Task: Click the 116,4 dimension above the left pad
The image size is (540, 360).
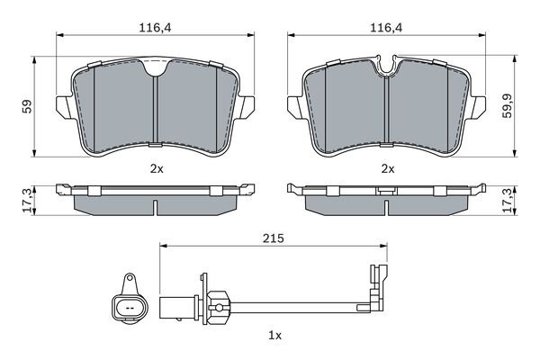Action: (155, 28)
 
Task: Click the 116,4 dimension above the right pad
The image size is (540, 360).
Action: (386, 28)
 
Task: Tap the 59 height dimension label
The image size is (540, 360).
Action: (27, 106)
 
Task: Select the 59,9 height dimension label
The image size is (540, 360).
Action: (508, 106)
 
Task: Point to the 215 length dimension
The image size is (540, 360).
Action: (274, 238)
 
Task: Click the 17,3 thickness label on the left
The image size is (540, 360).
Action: (27, 200)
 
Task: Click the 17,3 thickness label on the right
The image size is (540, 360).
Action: (508, 200)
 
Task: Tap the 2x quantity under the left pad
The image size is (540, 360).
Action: (157, 169)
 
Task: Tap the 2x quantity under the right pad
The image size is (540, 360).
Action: (388, 169)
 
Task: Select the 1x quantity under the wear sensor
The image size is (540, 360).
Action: (274, 335)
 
